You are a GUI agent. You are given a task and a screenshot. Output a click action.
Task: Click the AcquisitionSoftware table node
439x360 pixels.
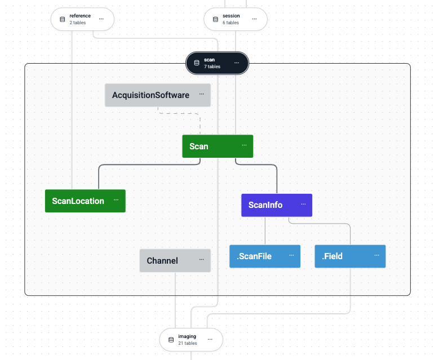(x=150, y=95)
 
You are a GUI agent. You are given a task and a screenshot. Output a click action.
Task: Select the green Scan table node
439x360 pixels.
(x=199, y=146)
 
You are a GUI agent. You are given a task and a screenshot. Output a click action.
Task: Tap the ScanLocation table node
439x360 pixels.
(x=78, y=201)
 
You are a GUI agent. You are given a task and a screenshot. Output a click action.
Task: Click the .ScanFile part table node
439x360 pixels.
(x=254, y=256)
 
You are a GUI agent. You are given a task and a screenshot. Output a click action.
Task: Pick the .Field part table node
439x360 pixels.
(x=332, y=256)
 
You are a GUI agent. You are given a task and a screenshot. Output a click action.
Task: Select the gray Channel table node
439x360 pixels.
(x=162, y=261)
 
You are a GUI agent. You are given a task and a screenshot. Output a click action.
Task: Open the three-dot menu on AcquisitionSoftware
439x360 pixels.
(x=201, y=94)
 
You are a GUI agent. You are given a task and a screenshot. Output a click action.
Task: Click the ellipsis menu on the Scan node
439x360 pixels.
(x=244, y=145)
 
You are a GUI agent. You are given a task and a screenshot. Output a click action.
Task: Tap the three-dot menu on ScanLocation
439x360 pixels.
(x=116, y=200)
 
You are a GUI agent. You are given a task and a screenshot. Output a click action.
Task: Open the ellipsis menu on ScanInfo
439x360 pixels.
(x=303, y=204)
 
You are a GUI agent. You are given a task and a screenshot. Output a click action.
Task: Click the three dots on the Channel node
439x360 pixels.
(x=201, y=260)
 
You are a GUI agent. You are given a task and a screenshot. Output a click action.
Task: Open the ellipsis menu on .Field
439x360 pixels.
(x=376, y=255)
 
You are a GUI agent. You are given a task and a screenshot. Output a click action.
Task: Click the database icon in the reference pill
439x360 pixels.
(x=63, y=19)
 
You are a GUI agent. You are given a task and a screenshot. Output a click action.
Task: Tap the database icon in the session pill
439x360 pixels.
(x=215, y=19)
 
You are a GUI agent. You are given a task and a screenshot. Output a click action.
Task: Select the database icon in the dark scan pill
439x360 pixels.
(x=197, y=63)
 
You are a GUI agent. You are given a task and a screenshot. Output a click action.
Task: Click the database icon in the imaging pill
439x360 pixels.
(x=171, y=340)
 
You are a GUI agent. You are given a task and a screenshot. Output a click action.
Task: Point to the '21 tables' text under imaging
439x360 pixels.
(x=188, y=343)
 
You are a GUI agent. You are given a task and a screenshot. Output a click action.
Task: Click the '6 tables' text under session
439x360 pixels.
(x=230, y=23)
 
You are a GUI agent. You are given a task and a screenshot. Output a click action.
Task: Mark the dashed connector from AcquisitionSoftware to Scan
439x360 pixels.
(x=179, y=113)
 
